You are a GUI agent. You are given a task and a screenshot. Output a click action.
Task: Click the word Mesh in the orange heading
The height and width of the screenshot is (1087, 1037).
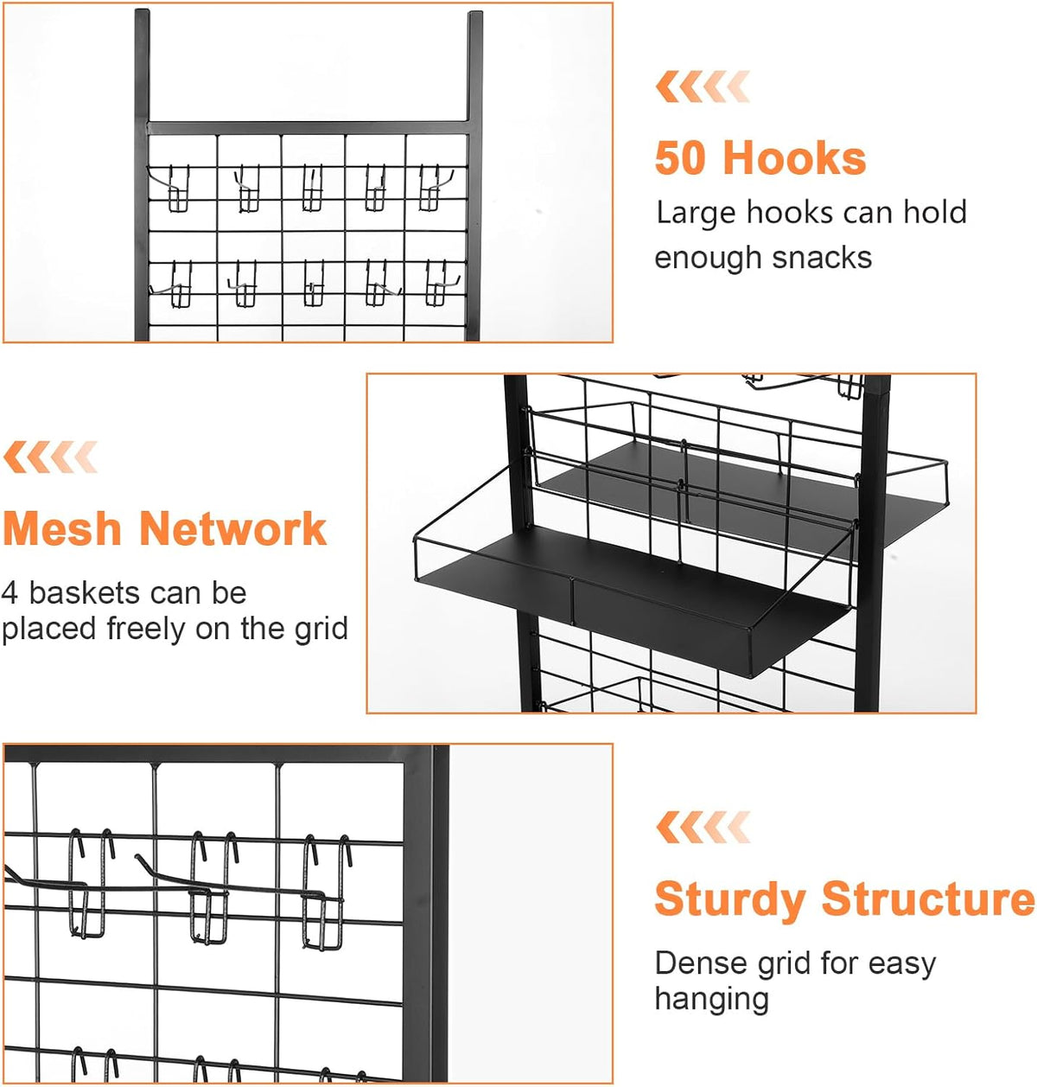click(62, 528)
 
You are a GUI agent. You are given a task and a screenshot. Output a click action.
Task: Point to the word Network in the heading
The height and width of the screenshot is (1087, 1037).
click(232, 528)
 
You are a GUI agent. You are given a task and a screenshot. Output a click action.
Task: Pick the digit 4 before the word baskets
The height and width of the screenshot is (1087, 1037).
click(10, 593)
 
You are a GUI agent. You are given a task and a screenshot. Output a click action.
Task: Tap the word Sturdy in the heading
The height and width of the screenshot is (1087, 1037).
click(729, 900)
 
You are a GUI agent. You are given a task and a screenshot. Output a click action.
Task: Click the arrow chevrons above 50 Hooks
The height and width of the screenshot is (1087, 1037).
click(703, 86)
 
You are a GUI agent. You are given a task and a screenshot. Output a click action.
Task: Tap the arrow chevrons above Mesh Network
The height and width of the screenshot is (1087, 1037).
click(50, 457)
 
